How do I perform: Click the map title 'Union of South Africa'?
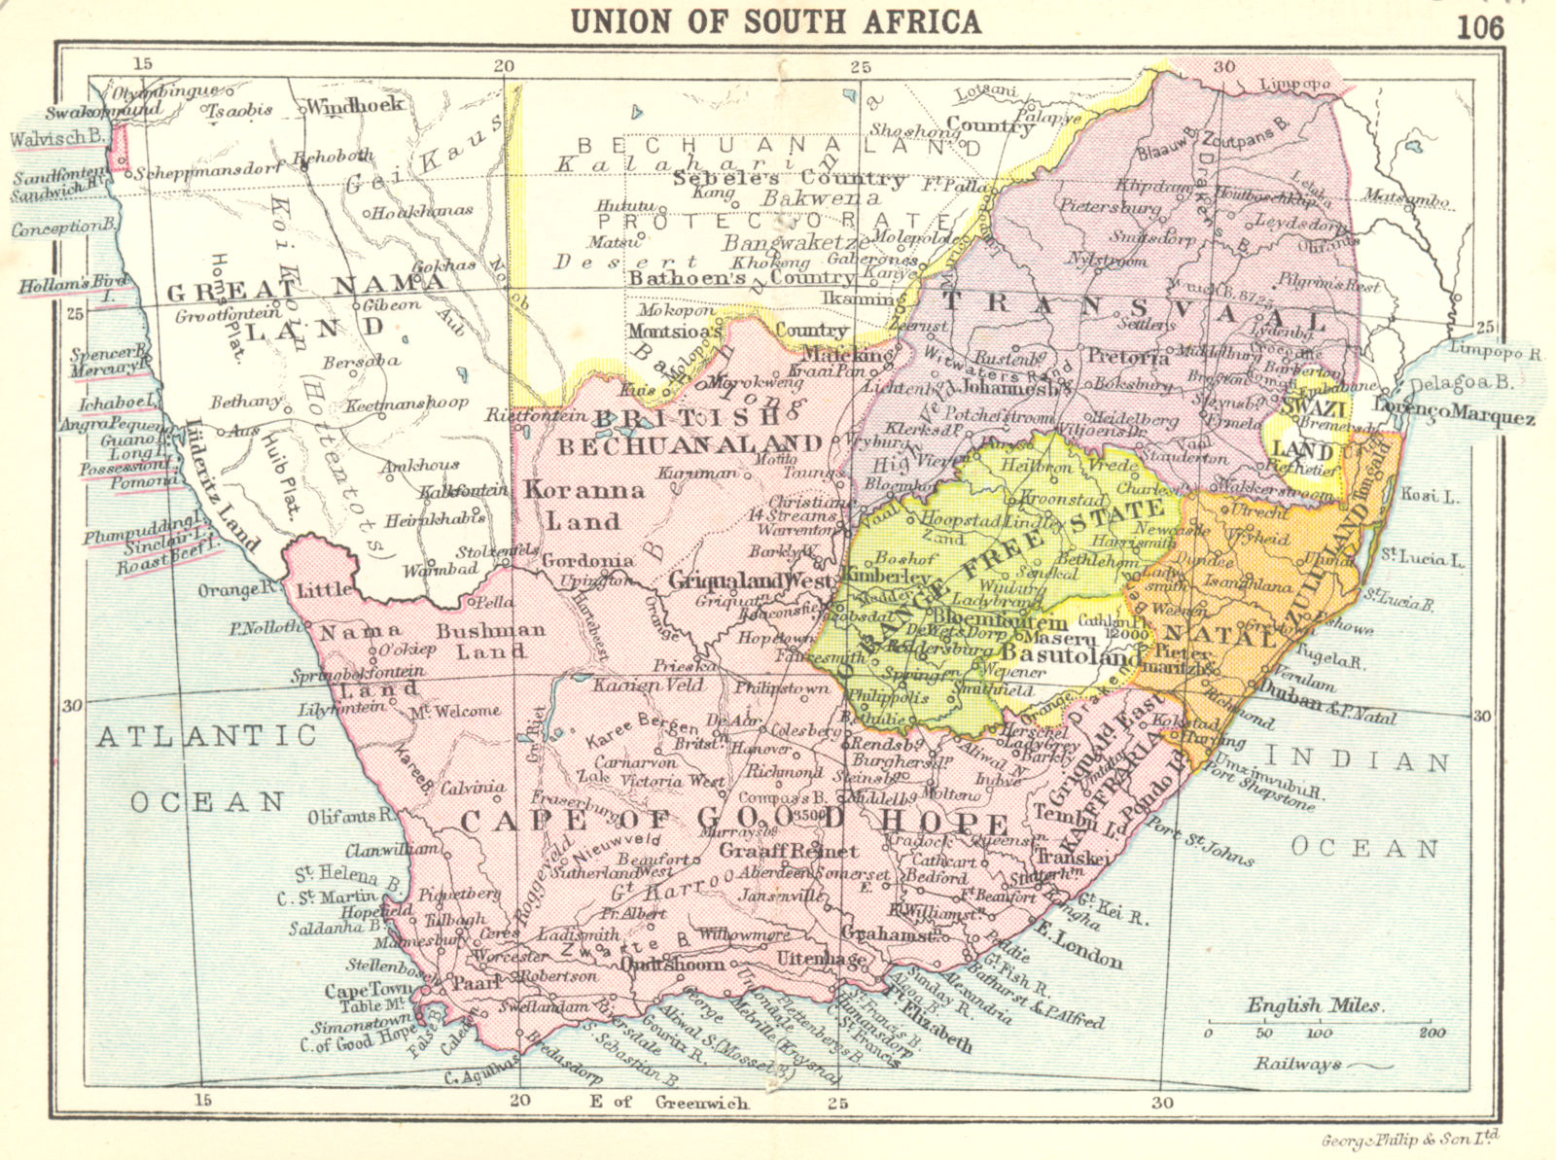[x=775, y=20]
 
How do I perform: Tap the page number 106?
[x=1479, y=26]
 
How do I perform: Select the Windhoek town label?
[x=355, y=105]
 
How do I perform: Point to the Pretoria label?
[x=1128, y=357]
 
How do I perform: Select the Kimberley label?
[x=887, y=576]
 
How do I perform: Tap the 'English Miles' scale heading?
[x=1313, y=1005]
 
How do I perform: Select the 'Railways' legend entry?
[x=1297, y=1064]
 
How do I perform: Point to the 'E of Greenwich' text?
[x=668, y=1102]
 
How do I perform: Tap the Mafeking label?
[x=832, y=355]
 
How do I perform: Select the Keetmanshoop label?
[x=407, y=402]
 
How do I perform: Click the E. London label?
[x=1077, y=943]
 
